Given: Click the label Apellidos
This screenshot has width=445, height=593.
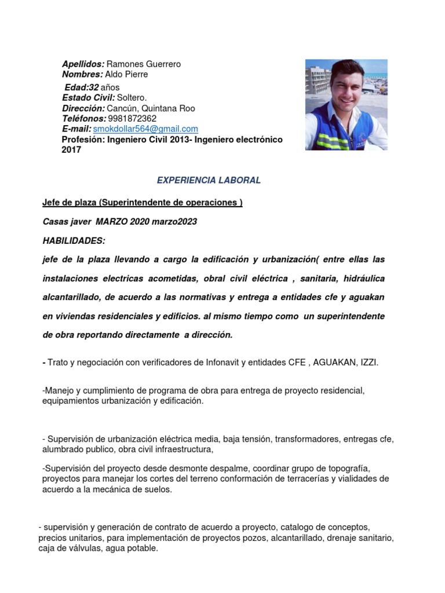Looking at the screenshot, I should pos(83,64).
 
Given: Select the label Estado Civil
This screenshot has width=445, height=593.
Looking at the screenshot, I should pos(89,98).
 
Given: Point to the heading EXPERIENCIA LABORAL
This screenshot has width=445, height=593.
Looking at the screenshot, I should pos(209,180).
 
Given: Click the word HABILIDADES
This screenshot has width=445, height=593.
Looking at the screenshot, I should pos(74,240).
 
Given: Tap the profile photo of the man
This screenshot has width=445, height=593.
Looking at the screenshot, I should pos(346,105).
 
